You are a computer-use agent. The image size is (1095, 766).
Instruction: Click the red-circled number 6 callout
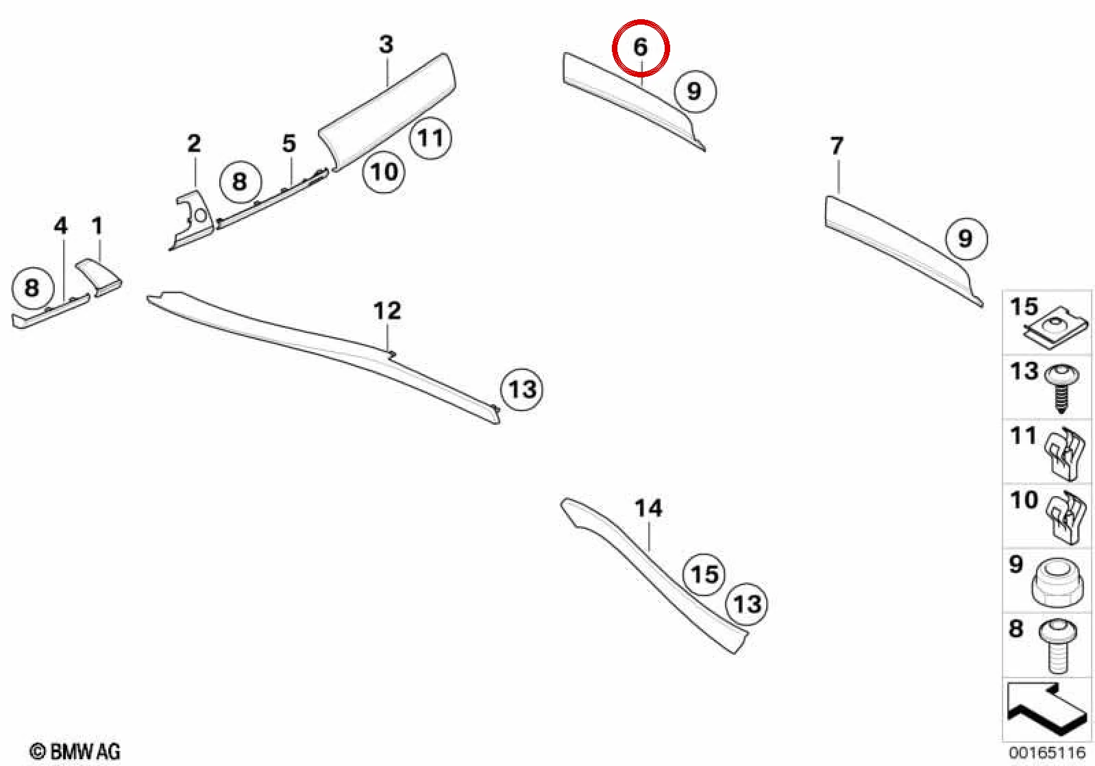pyautogui.click(x=641, y=47)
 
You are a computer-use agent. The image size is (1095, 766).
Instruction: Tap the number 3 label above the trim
pyautogui.click(x=386, y=45)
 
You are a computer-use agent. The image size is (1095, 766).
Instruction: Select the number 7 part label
pyautogui.click(x=837, y=145)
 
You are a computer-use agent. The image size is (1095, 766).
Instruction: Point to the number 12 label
pyautogui.click(x=387, y=310)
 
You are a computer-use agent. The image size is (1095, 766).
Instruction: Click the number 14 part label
pyautogui.click(x=648, y=508)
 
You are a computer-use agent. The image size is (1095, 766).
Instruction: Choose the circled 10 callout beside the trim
pyautogui.click(x=384, y=171)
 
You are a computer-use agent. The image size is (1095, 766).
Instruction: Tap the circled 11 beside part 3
pyautogui.click(x=430, y=138)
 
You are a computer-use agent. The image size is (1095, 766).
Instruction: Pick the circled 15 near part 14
pyautogui.click(x=704, y=574)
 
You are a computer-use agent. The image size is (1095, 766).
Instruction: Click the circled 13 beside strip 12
pyautogui.click(x=522, y=390)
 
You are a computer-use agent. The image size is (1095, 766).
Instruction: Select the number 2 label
pyautogui.click(x=194, y=143)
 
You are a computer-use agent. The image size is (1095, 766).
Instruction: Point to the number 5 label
pyautogui.click(x=289, y=143)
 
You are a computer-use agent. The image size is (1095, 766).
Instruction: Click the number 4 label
pyautogui.click(x=60, y=225)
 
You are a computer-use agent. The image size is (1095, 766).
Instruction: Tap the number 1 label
pyautogui.click(x=97, y=225)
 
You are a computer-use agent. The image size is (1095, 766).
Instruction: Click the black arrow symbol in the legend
pyautogui.click(x=1046, y=712)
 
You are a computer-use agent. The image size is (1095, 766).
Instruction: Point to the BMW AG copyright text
pyautogui.click(x=75, y=752)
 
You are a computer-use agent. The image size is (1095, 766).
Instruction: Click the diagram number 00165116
pyautogui.click(x=1047, y=752)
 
